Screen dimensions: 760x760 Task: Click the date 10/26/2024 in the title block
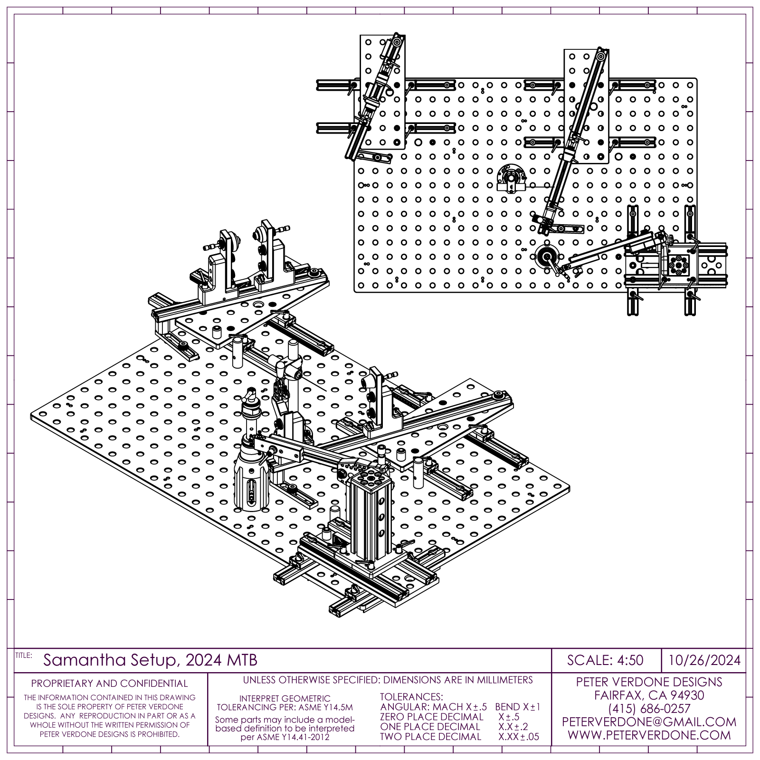(x=704, y=660)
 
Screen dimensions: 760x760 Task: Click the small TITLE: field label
(x=23, y=655)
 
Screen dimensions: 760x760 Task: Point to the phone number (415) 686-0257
(x=649, y=709)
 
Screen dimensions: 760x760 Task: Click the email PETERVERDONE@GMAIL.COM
(x=649, y=722)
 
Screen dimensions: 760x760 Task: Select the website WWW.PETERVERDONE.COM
(x=649, y=735)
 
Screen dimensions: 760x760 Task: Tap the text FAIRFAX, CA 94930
(x=649, y=695)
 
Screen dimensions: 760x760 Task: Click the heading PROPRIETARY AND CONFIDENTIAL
(x=109, y=684)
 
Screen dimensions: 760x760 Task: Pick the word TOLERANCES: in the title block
(x=411, y=697)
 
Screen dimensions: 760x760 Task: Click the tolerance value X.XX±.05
(x=519, y=737)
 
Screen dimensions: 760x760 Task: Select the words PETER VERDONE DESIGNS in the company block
(x=649, y=682)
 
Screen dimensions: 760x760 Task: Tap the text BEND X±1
(x=517, y=707)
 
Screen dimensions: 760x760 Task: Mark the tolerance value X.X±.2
(x=513, y=727)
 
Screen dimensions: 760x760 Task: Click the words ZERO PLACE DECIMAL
(x=432, y=717)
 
